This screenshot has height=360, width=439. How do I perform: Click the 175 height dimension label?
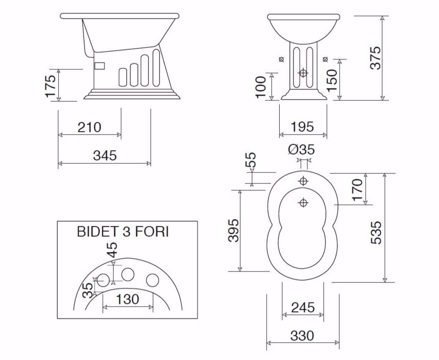pos(50,85)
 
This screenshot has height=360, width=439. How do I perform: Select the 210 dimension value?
pos(89,127)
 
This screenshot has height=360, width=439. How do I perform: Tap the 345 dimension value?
pos(105,155)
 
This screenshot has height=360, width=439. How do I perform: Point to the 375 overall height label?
pos(375,57)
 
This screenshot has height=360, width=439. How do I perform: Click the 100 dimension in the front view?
pos(261,87)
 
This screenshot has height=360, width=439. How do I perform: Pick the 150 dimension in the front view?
pos(333,80)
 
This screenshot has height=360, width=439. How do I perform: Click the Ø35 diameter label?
pos(301,149)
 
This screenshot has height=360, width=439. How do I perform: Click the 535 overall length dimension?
pos(376,233)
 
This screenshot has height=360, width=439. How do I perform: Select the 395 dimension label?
pos(233,230)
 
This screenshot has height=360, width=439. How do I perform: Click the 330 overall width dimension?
pos(302,336)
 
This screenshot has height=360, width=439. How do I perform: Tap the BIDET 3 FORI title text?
pos(123,232)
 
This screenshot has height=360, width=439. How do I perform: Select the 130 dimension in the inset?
pos(127,299)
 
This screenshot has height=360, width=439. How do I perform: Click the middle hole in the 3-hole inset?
pos(128,274)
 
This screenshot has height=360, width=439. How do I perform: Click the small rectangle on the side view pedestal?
pos(99,66)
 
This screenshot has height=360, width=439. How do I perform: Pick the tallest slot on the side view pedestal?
pos(157,67)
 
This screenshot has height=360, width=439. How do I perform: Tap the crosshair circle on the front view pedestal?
pos(303,73)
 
